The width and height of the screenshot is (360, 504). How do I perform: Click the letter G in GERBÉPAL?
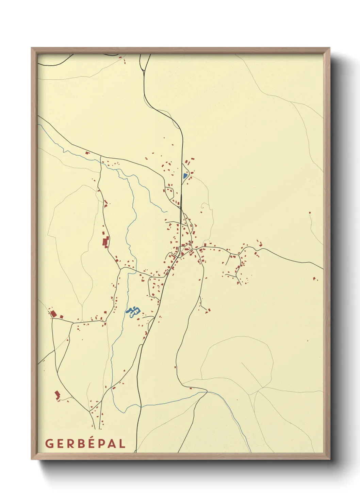click(x=49, y=443)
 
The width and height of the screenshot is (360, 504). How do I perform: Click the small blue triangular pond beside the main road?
click(x=185, y=176)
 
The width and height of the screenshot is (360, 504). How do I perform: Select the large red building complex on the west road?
click(x=105, y=242)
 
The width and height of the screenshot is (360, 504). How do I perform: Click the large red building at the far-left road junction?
click(x=53, y=313)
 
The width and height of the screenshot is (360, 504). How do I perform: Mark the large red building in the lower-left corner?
click(x=57, y=395)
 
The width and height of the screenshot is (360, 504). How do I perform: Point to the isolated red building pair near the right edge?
click(x=315, y=278)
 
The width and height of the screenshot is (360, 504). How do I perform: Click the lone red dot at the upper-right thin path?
click(x=310, y=213)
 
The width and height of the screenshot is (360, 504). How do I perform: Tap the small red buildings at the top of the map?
click(x=124, y=62)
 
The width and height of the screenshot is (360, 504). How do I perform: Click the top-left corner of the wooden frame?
click(x=32, y=48)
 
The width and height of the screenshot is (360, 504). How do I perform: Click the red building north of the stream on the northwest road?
click(x=87, y=153)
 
